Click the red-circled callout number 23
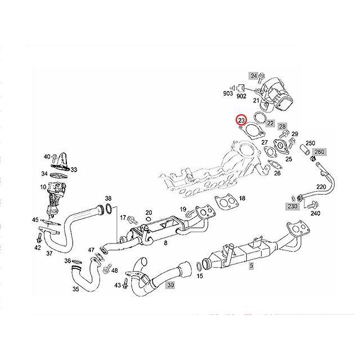pyautogui.click(x=241, y=120)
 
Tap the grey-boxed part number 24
pyautogui.click(x=254, y=76)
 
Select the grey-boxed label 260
pyautogui.click(x=319, y=152)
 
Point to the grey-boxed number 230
pyautogui.click(x=292, y=206)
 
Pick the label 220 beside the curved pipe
pyautogui.click(x=321, y=187)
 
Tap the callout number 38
pyautogui.click(x=109, y=199)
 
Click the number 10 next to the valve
pyautogui.click(x=43, y=186)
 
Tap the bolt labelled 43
pyautogui.click(x=125, y=286)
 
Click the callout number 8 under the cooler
pyautogui.click(x=165, y=242)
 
